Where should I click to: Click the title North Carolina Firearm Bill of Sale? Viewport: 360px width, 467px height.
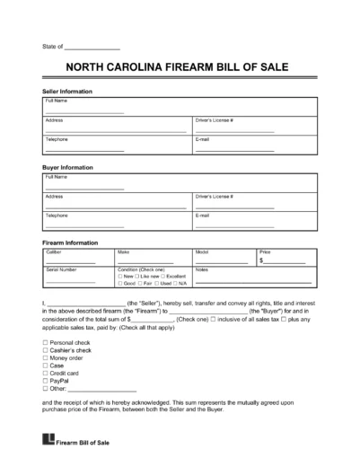pyautogui.click(x=180, y=68)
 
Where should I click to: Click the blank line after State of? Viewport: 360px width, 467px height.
pyautogui.click(x=93, y=46)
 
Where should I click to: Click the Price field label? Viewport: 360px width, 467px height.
pyautogui.click(x=266, y=252)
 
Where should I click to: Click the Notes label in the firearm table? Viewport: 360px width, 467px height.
pyautogui.click(x=200, y=269)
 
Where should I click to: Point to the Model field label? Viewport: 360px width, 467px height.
pyautogui.click(x=202, y=252)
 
